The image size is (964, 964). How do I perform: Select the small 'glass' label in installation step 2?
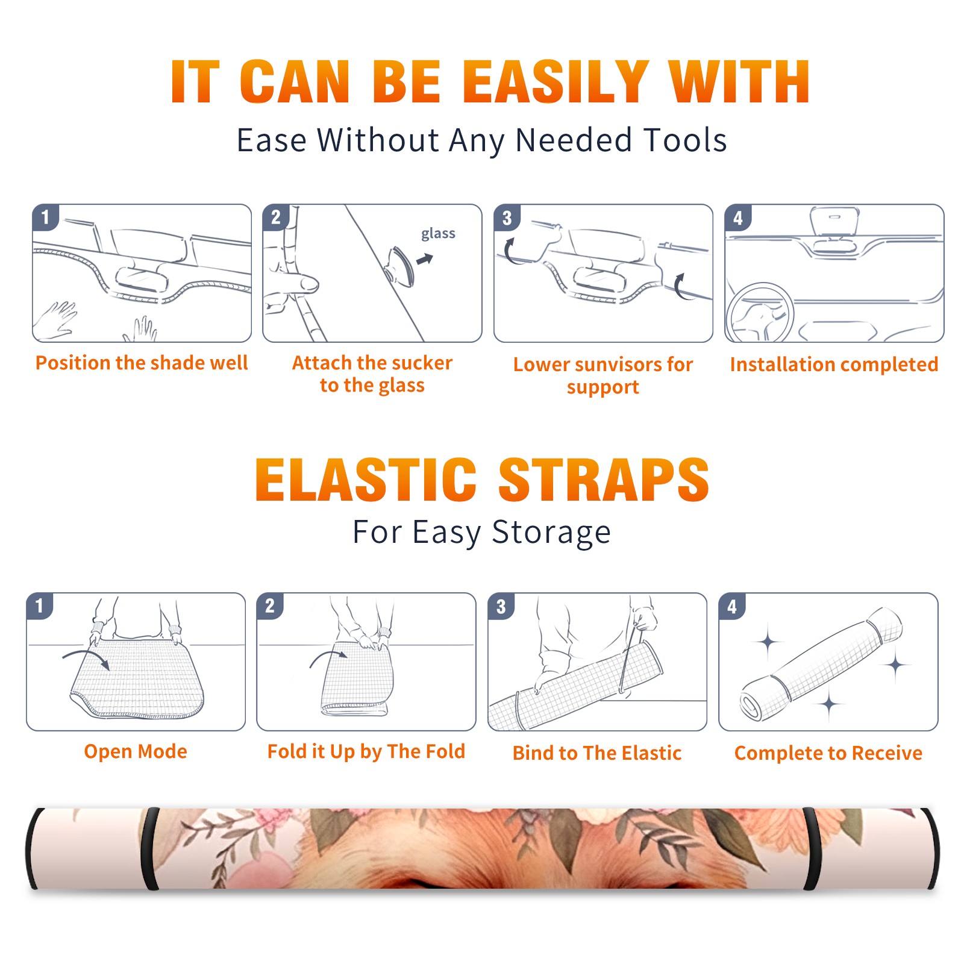[x=438, y=234]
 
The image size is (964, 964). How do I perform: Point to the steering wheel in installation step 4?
[x=760, y=312]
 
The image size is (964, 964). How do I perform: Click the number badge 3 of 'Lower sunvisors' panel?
[x=507, y=218]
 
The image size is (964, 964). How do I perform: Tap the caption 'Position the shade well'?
[x=142, y=363]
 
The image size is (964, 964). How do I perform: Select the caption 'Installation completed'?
[x=834, y=365]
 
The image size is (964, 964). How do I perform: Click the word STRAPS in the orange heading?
[x=604, y=480]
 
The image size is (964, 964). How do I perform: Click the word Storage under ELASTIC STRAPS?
[x=551, y=533]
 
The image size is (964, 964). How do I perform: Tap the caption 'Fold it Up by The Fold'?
[x=366, y=751]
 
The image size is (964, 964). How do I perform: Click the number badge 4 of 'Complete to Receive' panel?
[x=732, y=607]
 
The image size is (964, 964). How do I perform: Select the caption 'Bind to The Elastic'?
[x=597, y=753]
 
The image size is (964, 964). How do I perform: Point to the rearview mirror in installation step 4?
[x=834, y=222]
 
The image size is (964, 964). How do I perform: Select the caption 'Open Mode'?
[x=136, y=751]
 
